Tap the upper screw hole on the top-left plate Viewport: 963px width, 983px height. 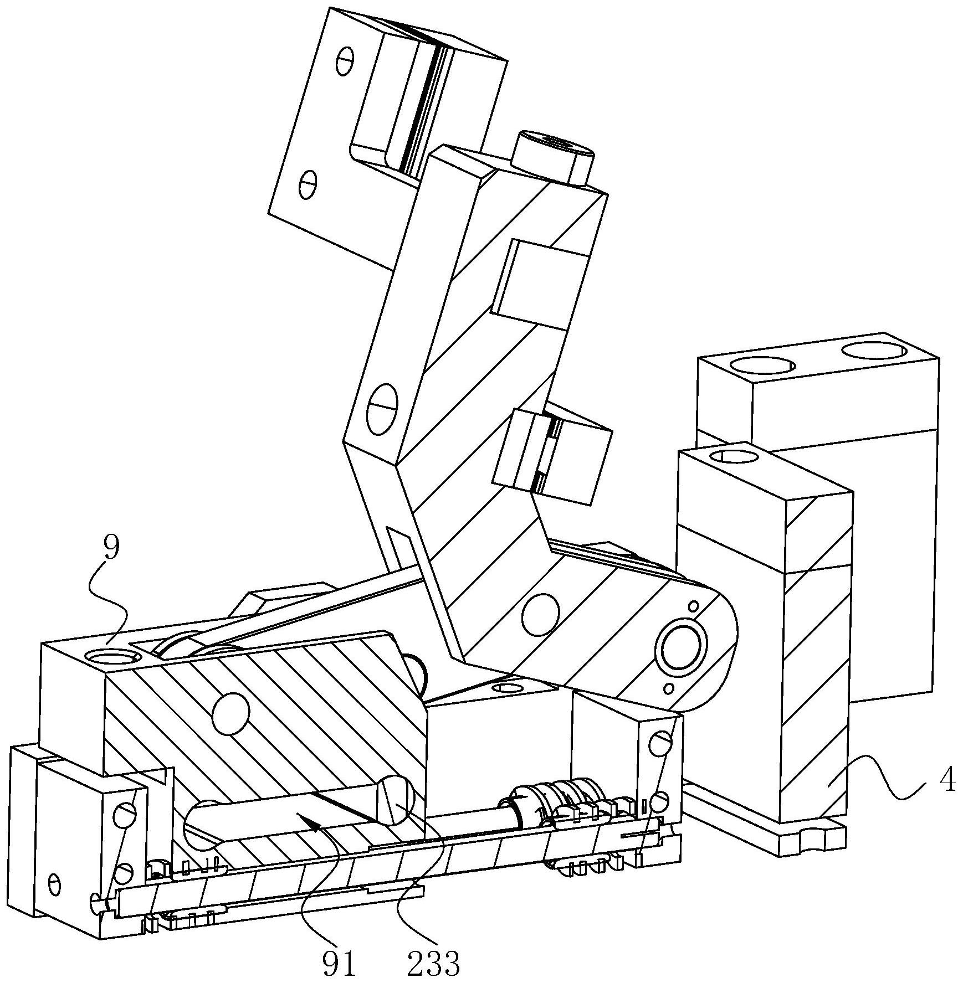click(x=345, y=61)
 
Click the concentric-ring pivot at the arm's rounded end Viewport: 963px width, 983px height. click(x=681, y=646)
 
